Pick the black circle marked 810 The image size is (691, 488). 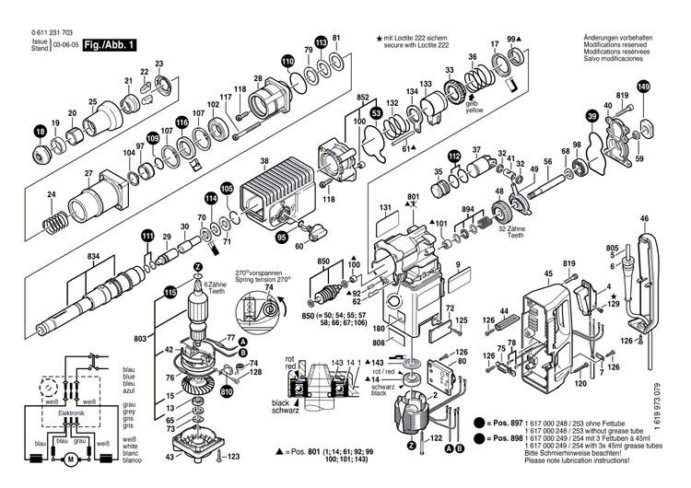pyautogui.click(x=226, y=390)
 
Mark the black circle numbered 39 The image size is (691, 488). pyautogui.click(x=591, y=115)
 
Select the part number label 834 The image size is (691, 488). pyautogui.click(x=94, y=255)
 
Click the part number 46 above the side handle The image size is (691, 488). pyautogui.click(x=643, y=218)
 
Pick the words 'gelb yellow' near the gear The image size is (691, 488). pyautogui.click(x=474, y=106)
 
